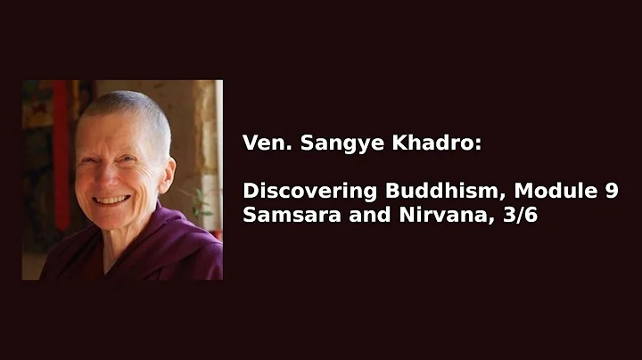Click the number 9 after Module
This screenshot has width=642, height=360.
[611, 191]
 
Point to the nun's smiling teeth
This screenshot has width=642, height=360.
[111, 200]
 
